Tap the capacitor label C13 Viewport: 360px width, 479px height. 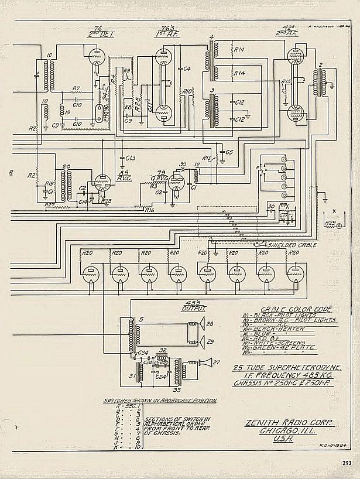click(130, 158)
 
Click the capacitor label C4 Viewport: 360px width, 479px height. click(187, 69)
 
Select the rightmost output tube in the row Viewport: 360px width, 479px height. click(294, 274)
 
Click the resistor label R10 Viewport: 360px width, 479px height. click(187, 92)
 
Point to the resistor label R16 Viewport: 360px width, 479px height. click(150, 210)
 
